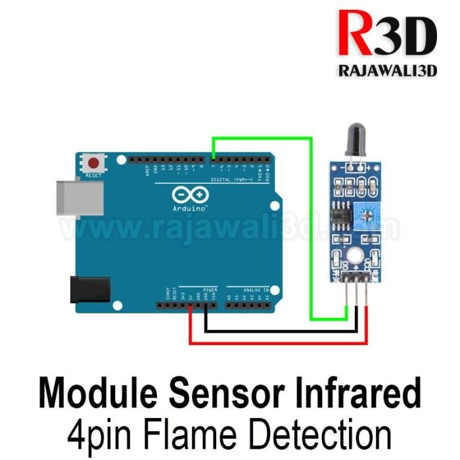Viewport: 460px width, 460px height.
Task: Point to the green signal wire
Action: point(311,223)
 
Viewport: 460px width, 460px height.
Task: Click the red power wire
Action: point(276,342)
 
